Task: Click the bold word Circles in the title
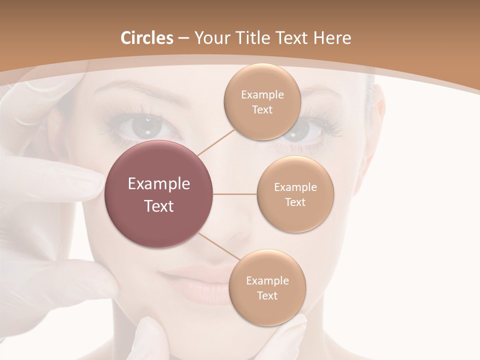[146, 38]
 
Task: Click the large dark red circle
[159, 194]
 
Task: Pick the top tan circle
[262, 101]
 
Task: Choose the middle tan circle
[295, 194]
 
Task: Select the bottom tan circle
[267, 287]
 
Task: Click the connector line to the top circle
[215, 142]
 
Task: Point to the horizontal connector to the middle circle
[235, 194]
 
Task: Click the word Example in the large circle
[159, 184]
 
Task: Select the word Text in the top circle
[262, 109]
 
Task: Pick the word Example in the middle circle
[295, 187]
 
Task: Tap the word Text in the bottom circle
[267, 295]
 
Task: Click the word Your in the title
[210, 38]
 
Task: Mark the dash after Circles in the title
[183, 38]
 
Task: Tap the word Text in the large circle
[159, 206]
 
